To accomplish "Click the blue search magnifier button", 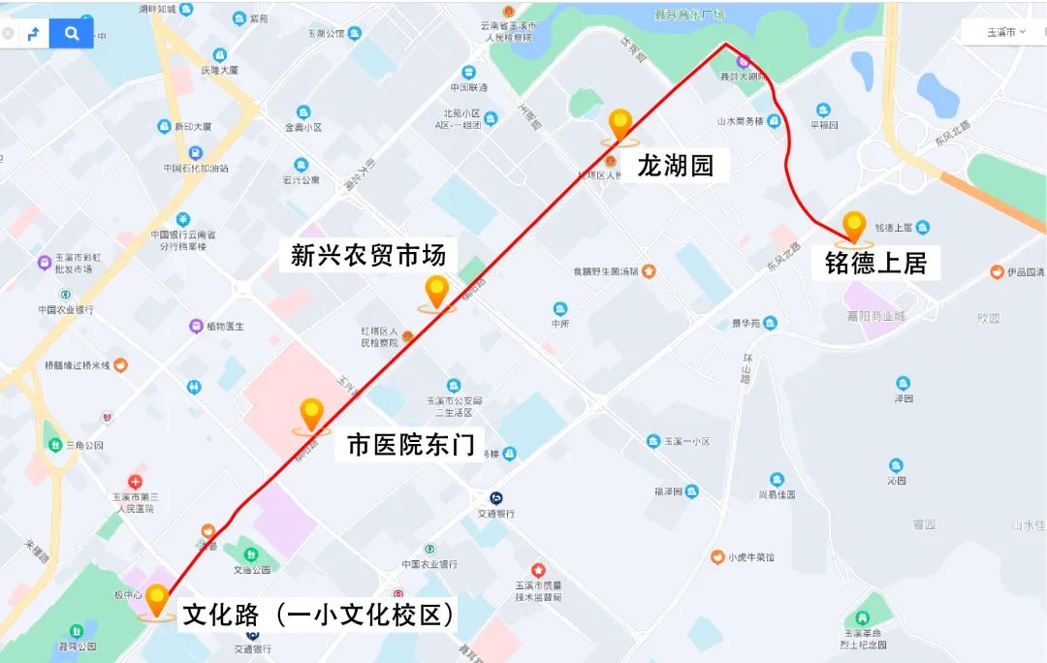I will [72, 34].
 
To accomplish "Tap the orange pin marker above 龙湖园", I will [620, 125].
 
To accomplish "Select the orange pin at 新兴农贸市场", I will [437, 291].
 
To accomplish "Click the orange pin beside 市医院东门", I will [311, 414].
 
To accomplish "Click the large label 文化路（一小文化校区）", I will [319, 616].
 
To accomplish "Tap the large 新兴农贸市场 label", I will [368, 255].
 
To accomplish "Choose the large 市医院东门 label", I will [411, 445].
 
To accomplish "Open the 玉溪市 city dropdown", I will [1005, 32].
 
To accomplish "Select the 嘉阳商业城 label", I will [873, 316].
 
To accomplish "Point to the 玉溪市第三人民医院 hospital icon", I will [135, 482].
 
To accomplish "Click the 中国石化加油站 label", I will [196, 168].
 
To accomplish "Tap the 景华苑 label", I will [747, 323].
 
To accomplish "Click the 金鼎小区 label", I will [302, 127].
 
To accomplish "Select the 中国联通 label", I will [469, 87].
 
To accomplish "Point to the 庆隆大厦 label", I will [219, 70].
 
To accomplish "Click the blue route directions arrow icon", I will [34, 34].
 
